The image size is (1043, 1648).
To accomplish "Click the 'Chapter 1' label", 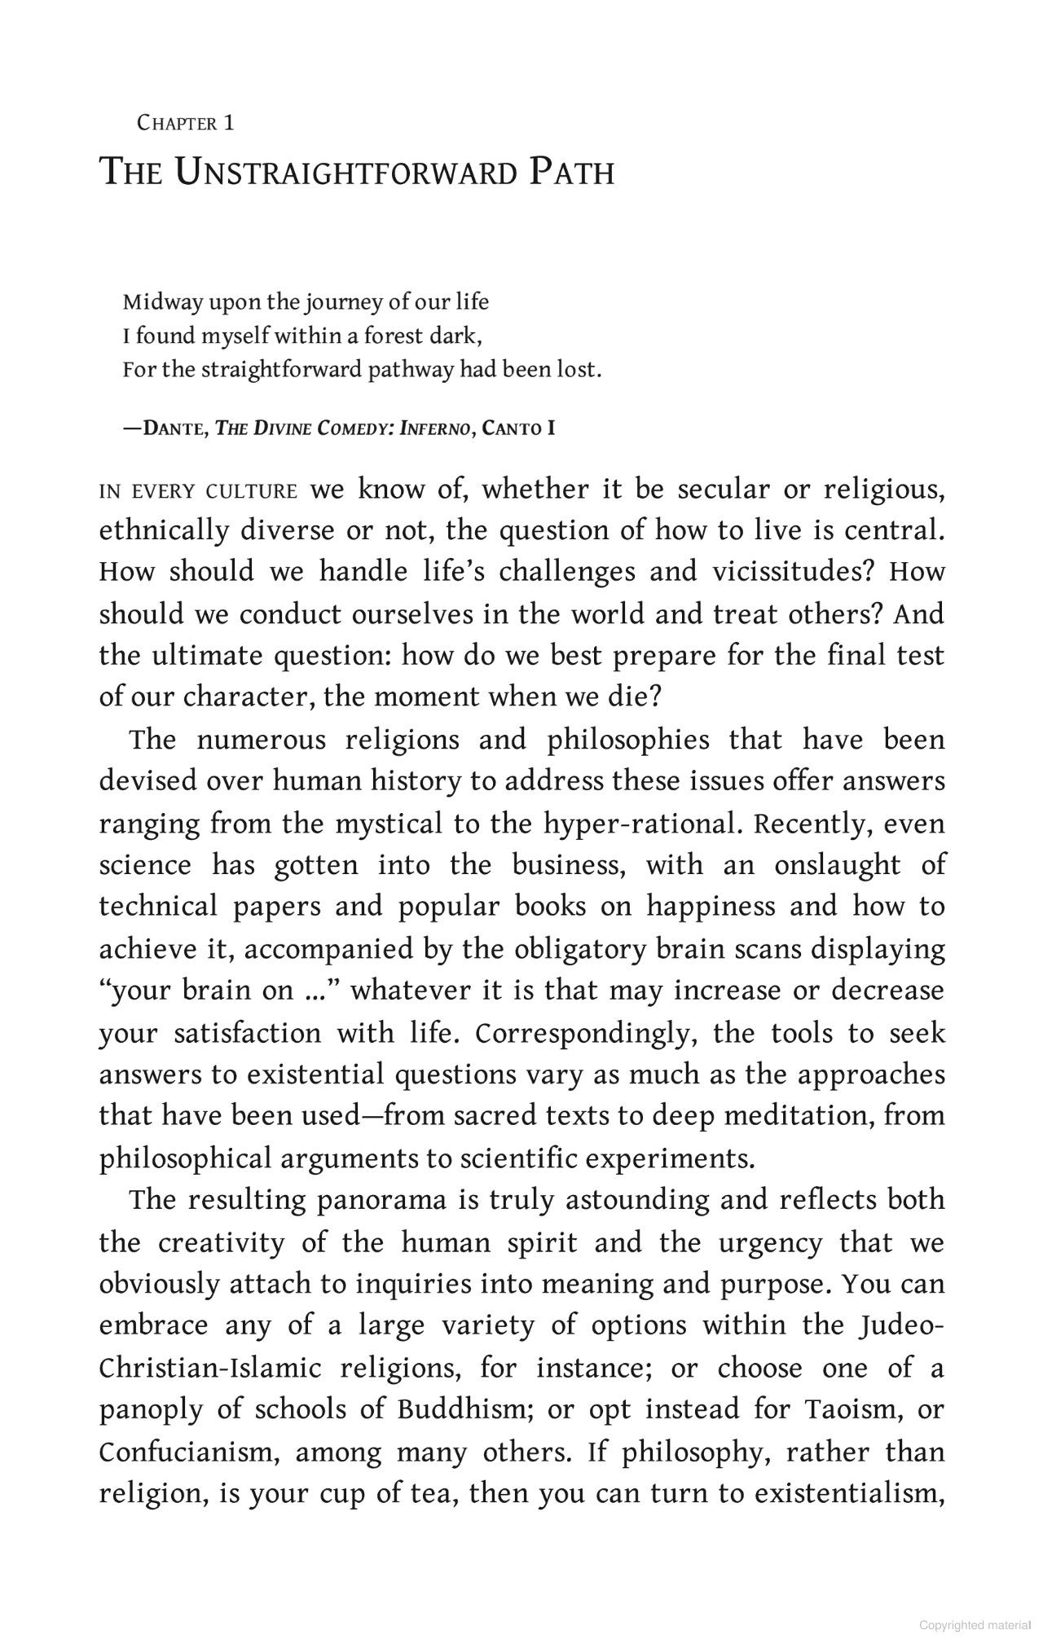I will (x=186, y=124).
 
